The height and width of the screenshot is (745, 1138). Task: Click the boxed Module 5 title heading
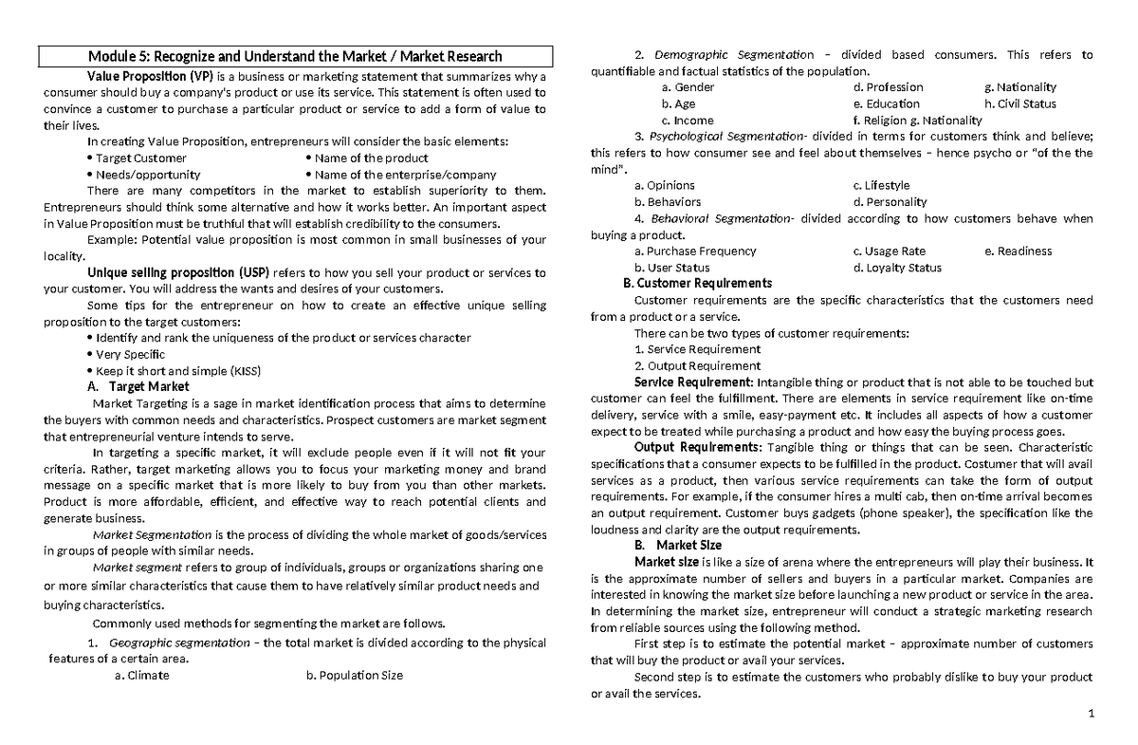tap(294, 57)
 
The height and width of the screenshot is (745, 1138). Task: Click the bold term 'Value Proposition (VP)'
tap(151, 76)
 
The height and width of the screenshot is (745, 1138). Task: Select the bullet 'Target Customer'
tap(139, 158)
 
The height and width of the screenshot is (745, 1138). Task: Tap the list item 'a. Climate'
tap(141, 676)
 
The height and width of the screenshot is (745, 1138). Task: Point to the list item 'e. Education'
tap(887, 103)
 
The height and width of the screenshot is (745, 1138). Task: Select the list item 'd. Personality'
tap(890, 202)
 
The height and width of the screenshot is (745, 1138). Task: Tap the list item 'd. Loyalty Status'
tap(897, 268)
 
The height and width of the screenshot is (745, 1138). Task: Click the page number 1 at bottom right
tap(1092, 714)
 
